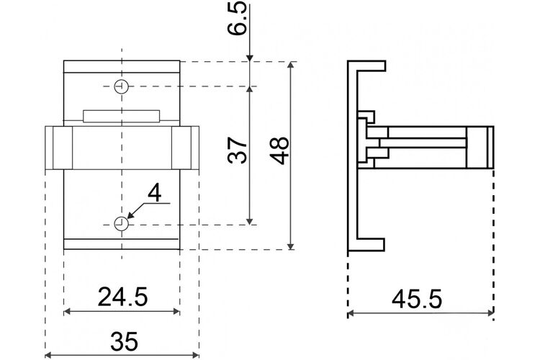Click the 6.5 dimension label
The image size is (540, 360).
pyautogui.click(x=237, y=18)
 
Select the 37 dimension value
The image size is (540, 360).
pyautogui.click(x=238, y=150)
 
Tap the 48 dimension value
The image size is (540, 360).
pyautogui.click(x=279, y=150)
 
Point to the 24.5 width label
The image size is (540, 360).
pyautogui.click(x=122, y=297)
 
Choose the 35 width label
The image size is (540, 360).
pyautogui.click(x=125, y=341)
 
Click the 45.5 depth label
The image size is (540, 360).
pyautogui.click(x=417, y=299)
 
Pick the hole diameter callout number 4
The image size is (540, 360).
pyautogui.click(x=154, y=193)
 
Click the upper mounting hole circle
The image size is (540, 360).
pyautogui.click(x=121, y=86)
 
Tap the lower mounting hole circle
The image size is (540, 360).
pyautogui.click(x=121, y=224)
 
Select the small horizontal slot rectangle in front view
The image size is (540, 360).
pyautogui.click(x=121, y=116)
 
